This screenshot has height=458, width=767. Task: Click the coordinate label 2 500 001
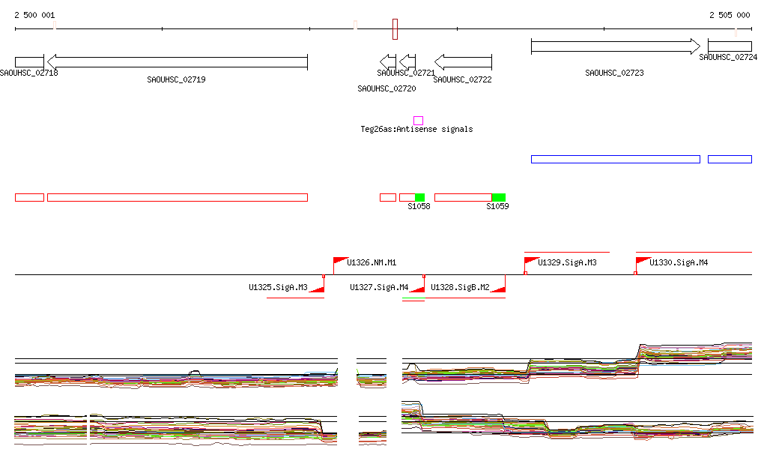pos(34,15)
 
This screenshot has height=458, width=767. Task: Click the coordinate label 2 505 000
pos(730,15)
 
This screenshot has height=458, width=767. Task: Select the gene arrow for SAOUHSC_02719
pos(177,61)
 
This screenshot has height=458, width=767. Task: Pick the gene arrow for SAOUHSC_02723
pos(615,46)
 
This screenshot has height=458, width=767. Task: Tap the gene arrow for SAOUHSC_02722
pos(463,61)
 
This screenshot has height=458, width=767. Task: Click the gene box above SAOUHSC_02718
pos(29,61)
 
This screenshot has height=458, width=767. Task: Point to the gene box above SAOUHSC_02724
pos(730,46)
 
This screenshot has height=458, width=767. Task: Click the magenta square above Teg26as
pos(418,120)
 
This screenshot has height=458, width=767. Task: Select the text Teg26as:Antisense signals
pos(416,129)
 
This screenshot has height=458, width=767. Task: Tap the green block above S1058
pos(419,197)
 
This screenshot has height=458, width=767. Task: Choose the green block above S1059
pos(499,197)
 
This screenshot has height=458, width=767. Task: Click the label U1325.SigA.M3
pos(278,287)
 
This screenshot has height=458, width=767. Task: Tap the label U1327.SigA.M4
pos(379,287)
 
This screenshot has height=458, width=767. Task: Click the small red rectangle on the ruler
pos(395,29)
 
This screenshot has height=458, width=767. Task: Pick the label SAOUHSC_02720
pos(386,88)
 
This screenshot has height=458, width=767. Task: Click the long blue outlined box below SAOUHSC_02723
pos(615,159)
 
